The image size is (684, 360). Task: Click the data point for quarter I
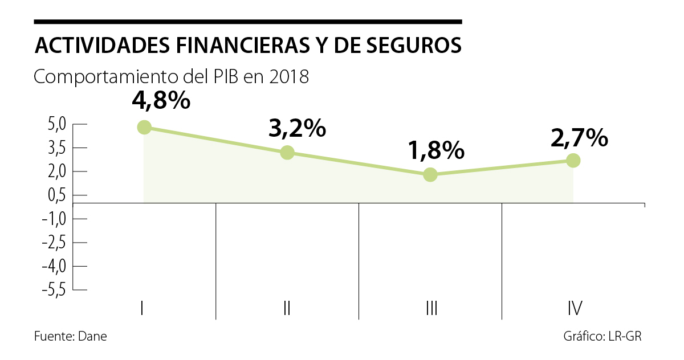(x=144, y=127)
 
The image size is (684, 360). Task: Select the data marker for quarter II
(x=287, y=152)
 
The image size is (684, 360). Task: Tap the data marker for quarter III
(x=430, y=174)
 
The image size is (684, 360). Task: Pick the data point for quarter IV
(x=573, y=160)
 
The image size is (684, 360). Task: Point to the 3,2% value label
(x=297, y=129)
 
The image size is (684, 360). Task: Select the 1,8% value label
(x=436, y=151)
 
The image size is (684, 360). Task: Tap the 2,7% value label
(x=579, y=137)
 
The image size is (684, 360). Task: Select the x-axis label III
(x=431, y=309)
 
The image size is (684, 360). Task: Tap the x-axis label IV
(x=575, y=309)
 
